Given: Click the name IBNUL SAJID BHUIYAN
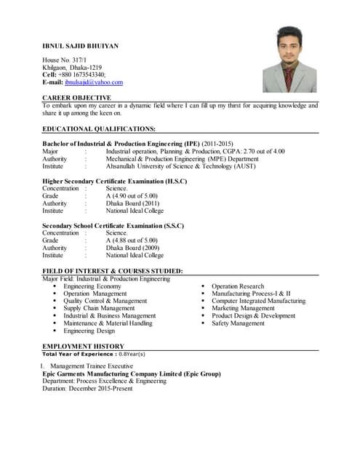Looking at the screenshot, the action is tap(80, 46).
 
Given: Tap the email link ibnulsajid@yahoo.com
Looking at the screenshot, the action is tap(94, 82).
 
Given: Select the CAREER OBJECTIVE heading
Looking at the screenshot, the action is tap(76, 97).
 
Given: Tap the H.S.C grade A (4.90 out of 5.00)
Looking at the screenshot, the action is tap(131, 196).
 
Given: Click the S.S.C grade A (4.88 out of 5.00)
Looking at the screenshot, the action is tap(131, 240).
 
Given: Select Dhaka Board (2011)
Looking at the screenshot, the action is tap(132, 204).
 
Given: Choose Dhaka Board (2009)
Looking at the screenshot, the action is tap(132, 248).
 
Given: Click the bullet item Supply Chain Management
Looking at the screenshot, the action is tap(99, 309).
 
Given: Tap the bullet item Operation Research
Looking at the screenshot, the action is tap(238, 287).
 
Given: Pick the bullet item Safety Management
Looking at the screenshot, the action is tap(238, 323).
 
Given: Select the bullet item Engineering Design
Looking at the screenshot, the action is tap(89, 331).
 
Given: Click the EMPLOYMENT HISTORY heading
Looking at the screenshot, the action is tap(83, 347).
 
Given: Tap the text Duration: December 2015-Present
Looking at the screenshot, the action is tap(87, 389).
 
